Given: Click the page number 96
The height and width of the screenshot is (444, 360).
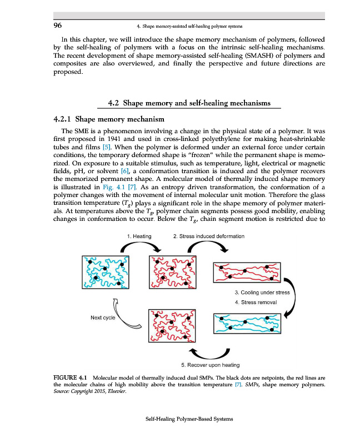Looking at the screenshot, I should (x=57, y=26).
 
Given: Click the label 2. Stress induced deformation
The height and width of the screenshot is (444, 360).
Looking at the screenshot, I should (x=209, y=236).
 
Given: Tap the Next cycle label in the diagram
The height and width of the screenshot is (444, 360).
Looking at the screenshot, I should (x=103, y=317).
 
